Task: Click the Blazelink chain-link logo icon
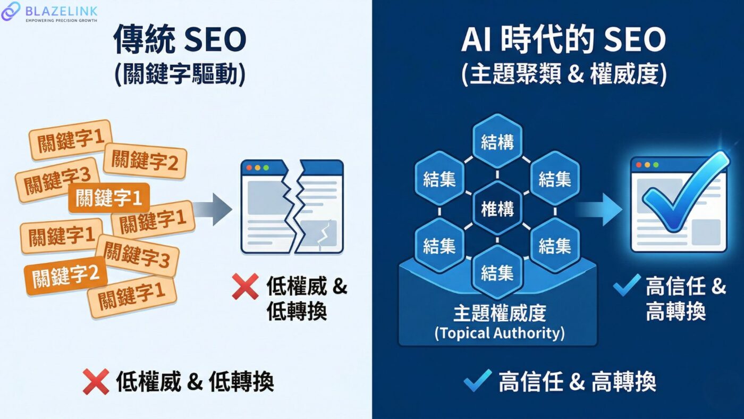point(11,11)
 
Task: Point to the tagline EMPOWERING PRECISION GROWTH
point(62,20)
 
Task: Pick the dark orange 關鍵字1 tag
point(109,198)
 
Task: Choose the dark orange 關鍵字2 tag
point(66,275)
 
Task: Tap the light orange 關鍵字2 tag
point(145,160)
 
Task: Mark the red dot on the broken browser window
point(249,167)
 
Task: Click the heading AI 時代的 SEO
point(563,40)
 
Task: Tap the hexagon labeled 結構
point(497,141)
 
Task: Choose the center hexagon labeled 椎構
point(497,209)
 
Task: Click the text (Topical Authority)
point(499,333)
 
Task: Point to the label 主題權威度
point(499,313)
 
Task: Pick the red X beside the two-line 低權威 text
point(246,287)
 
